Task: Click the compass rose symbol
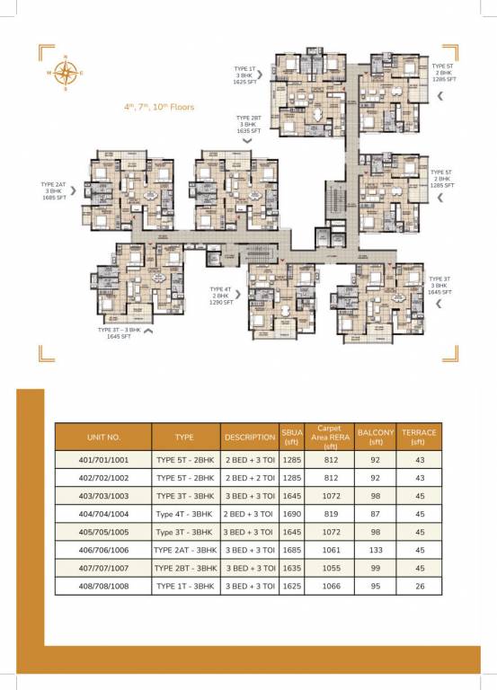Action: pyautogui.click(x=66, y=73)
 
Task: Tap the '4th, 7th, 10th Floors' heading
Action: pyautogui.click(x=159, y=106)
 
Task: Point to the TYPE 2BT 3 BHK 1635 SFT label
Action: pyautogui.click(x=249, y=124)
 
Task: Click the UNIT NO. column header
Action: pyautogui.click(x=103, y=437)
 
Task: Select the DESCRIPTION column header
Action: pyautogui.click(x=250, y=437)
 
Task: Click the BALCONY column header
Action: pyautogui.click(x=376, y=437)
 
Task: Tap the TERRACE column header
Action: pyautogui.click(x=419, y=437)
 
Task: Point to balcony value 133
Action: pyautogui.click(x=376, y=549)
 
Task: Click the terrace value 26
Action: pyautogui.click(x=419, y=585)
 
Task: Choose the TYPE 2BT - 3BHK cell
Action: pyautogui.click(x=185, y=567)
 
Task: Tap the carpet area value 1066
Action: pyautogui.click(x=331, y=585)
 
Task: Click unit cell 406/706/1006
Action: pyautogui.click(x=103, y=549)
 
